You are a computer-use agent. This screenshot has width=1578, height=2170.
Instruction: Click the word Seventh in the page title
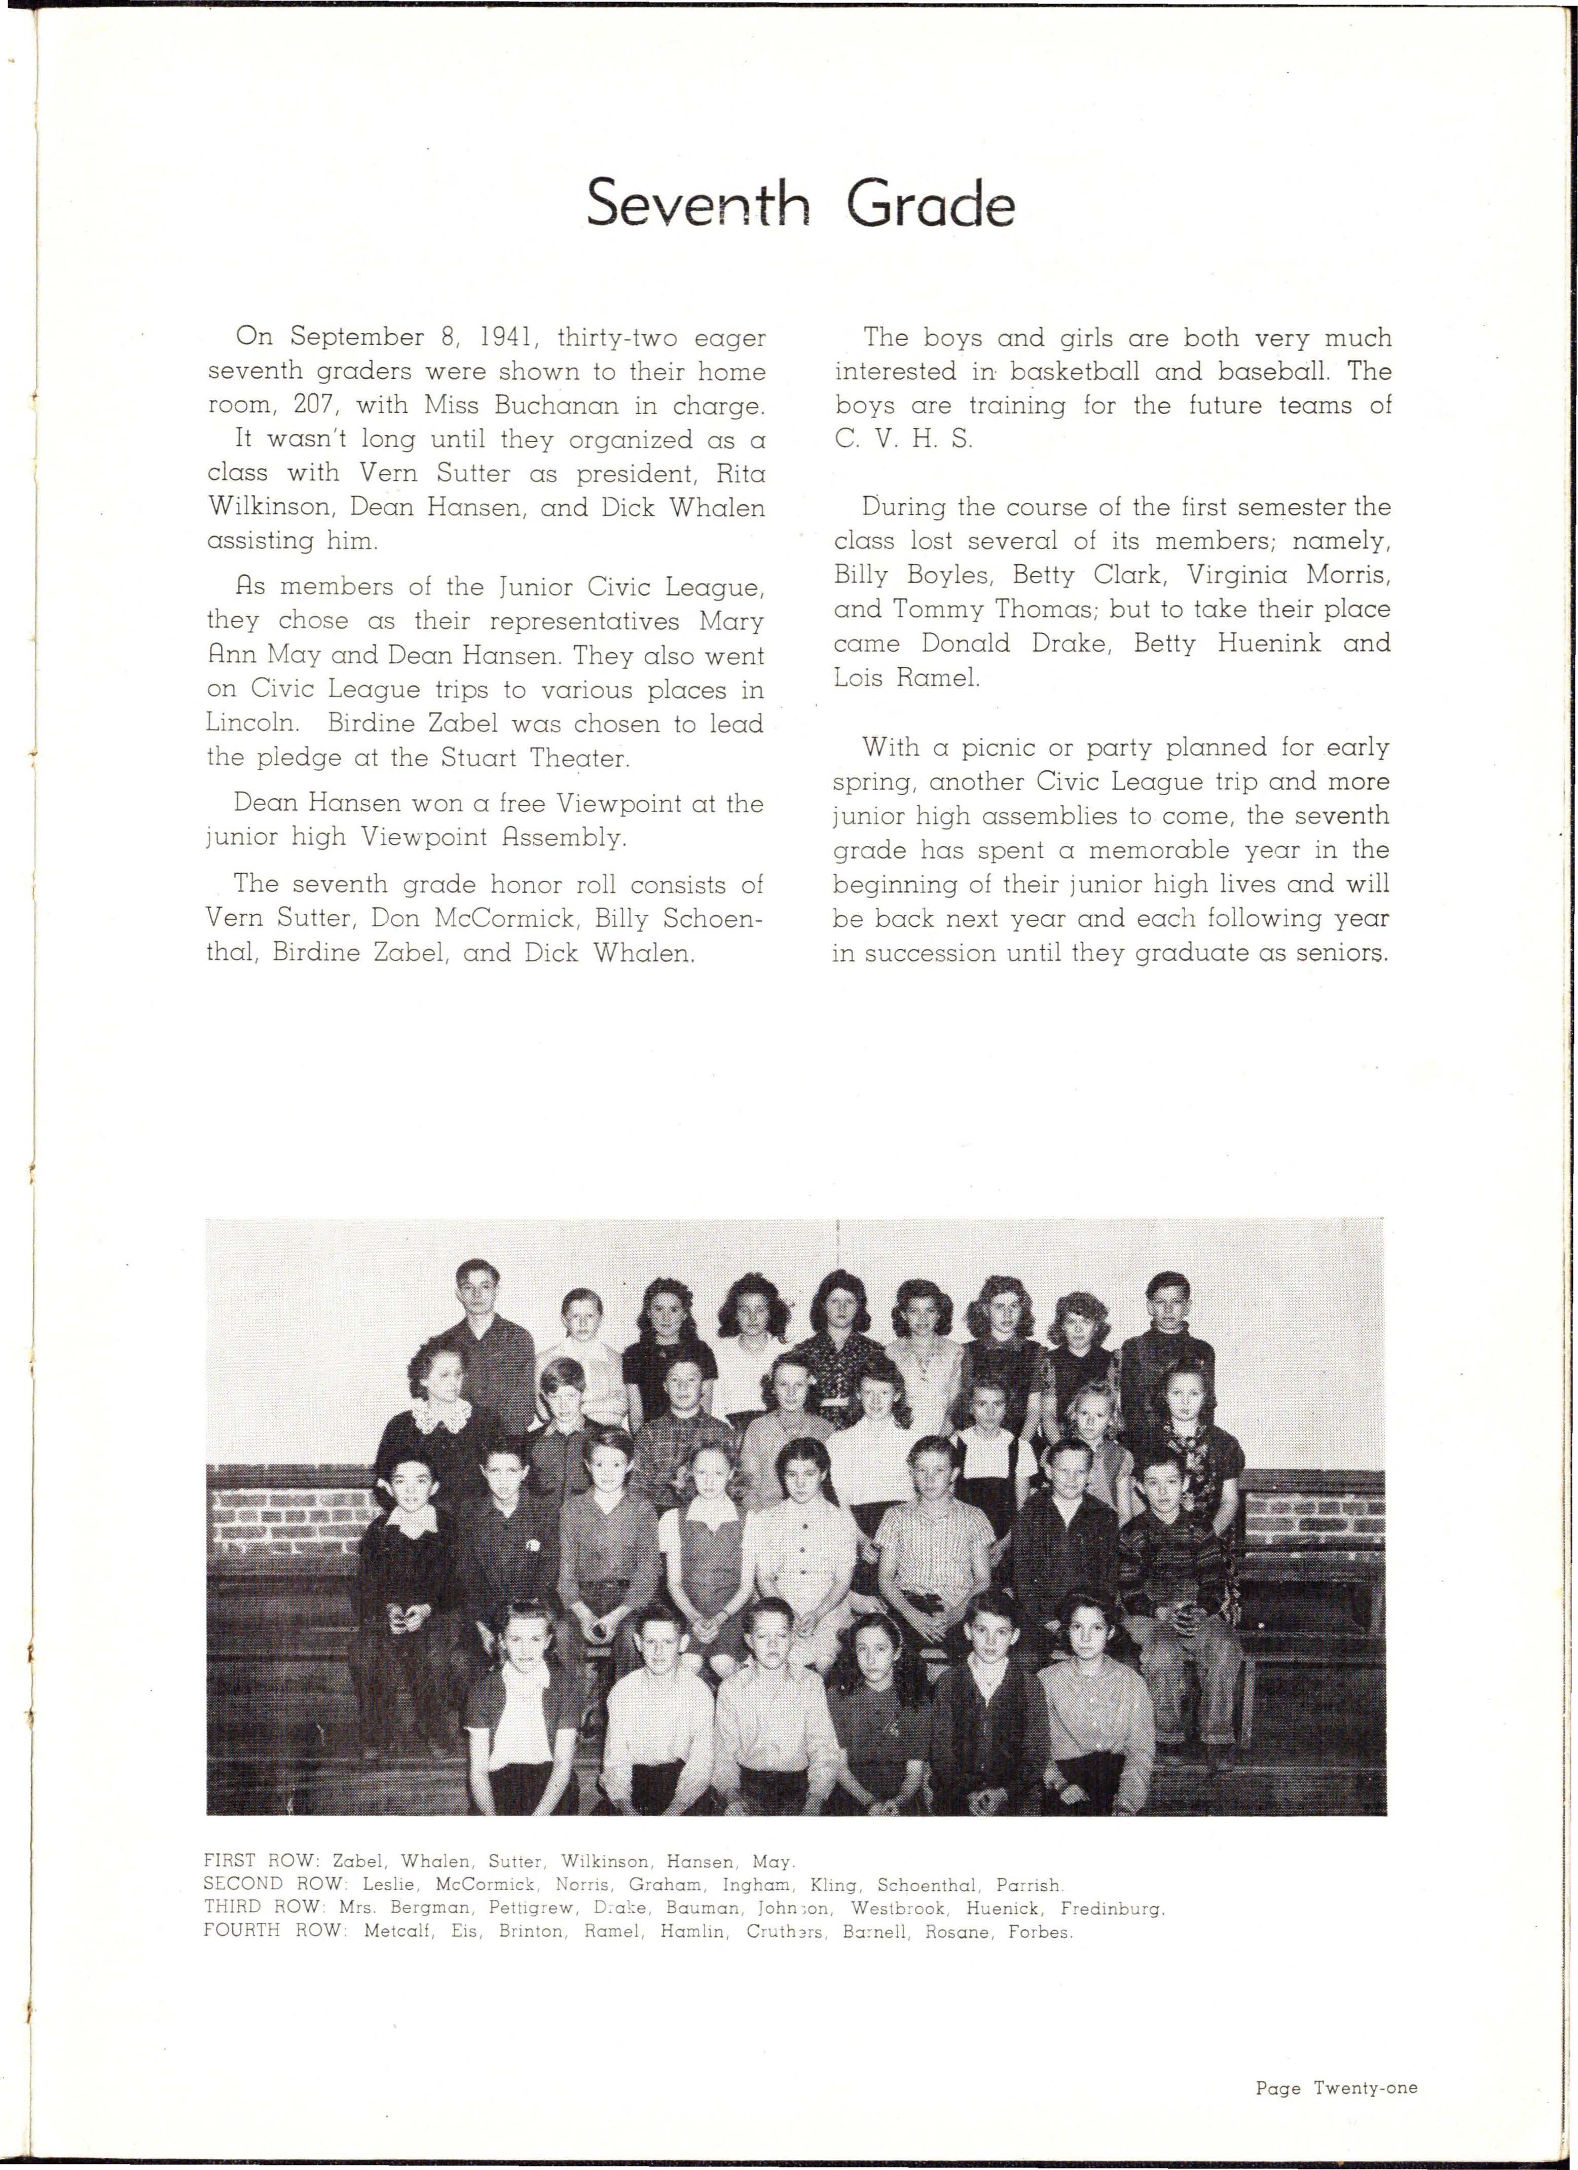coord(698,204)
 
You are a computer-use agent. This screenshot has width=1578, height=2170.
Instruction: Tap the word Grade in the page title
coord(930,204)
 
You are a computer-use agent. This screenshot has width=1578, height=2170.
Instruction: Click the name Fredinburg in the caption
coord(1112,1908)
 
